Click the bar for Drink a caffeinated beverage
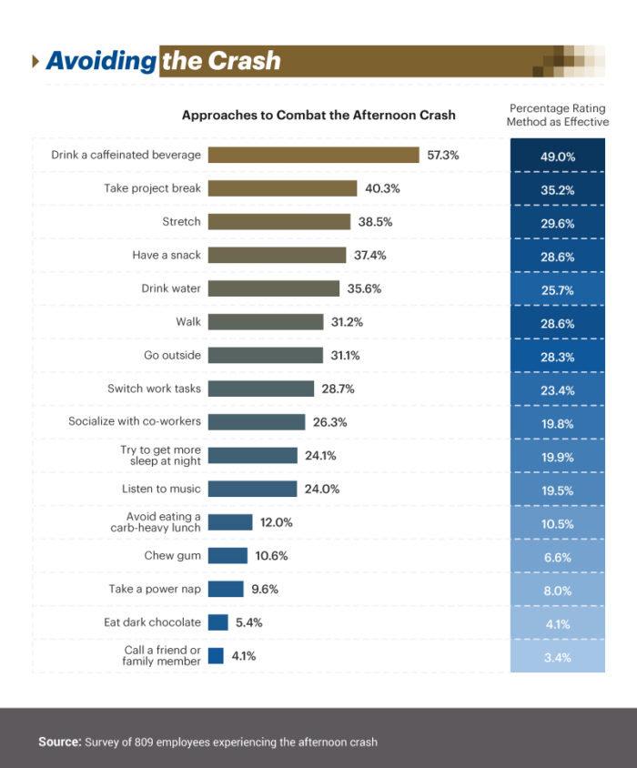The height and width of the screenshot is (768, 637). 313,155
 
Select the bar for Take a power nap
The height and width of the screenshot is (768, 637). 226,589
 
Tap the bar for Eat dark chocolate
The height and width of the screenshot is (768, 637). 217,622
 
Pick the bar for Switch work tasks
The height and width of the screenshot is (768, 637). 261,389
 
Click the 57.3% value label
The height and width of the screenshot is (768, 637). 443,155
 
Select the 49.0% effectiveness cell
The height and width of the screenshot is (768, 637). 558,157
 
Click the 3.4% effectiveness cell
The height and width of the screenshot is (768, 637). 558,656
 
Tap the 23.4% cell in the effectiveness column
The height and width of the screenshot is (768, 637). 558,389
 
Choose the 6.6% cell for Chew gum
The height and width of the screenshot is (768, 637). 558,556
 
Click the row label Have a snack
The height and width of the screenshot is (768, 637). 167,255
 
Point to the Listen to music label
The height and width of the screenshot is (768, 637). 160,489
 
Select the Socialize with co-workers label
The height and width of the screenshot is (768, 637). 135,421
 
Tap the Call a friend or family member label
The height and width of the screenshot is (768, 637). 162,655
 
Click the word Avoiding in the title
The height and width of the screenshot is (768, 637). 101,61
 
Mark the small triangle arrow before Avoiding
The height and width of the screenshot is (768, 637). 35,61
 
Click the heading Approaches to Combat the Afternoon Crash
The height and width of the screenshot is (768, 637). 318,116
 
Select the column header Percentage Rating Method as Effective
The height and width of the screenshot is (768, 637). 559,115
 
